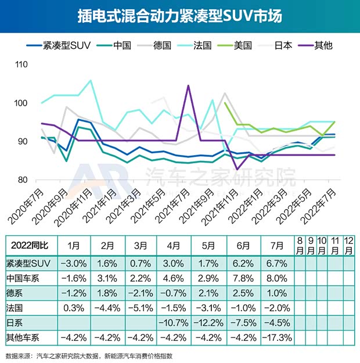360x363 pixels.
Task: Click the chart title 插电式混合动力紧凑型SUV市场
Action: pyautogui.click(x=179, y=16)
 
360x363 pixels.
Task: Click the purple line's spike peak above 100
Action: pyautogui.click(x=188, y=86)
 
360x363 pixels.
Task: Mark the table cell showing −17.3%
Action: pyautogui.click(x=277, y=336)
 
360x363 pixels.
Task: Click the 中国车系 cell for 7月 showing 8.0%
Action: pyautogui.click(x=277, y=276)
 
